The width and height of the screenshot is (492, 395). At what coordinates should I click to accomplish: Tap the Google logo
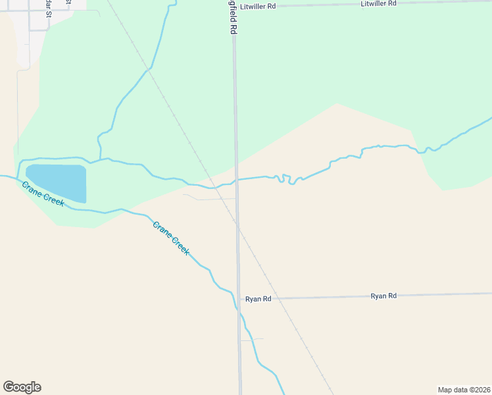(22, 387)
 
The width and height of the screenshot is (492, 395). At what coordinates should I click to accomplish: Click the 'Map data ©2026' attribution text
(464, 390)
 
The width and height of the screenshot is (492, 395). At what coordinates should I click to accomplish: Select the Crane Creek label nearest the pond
(43, 194)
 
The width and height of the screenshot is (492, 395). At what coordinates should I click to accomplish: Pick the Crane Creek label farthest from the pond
(171, 238)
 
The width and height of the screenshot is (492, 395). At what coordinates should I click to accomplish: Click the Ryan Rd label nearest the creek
(258, 299)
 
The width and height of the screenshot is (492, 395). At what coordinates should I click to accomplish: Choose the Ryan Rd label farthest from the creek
(383, 296)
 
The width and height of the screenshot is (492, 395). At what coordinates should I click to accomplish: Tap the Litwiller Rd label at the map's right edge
(379, 3)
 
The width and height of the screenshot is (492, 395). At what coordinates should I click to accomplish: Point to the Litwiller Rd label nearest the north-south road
(258, 5)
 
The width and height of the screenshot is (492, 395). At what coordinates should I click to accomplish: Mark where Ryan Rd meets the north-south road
(238, 299)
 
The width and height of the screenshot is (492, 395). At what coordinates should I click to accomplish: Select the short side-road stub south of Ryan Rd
(252, 339)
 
